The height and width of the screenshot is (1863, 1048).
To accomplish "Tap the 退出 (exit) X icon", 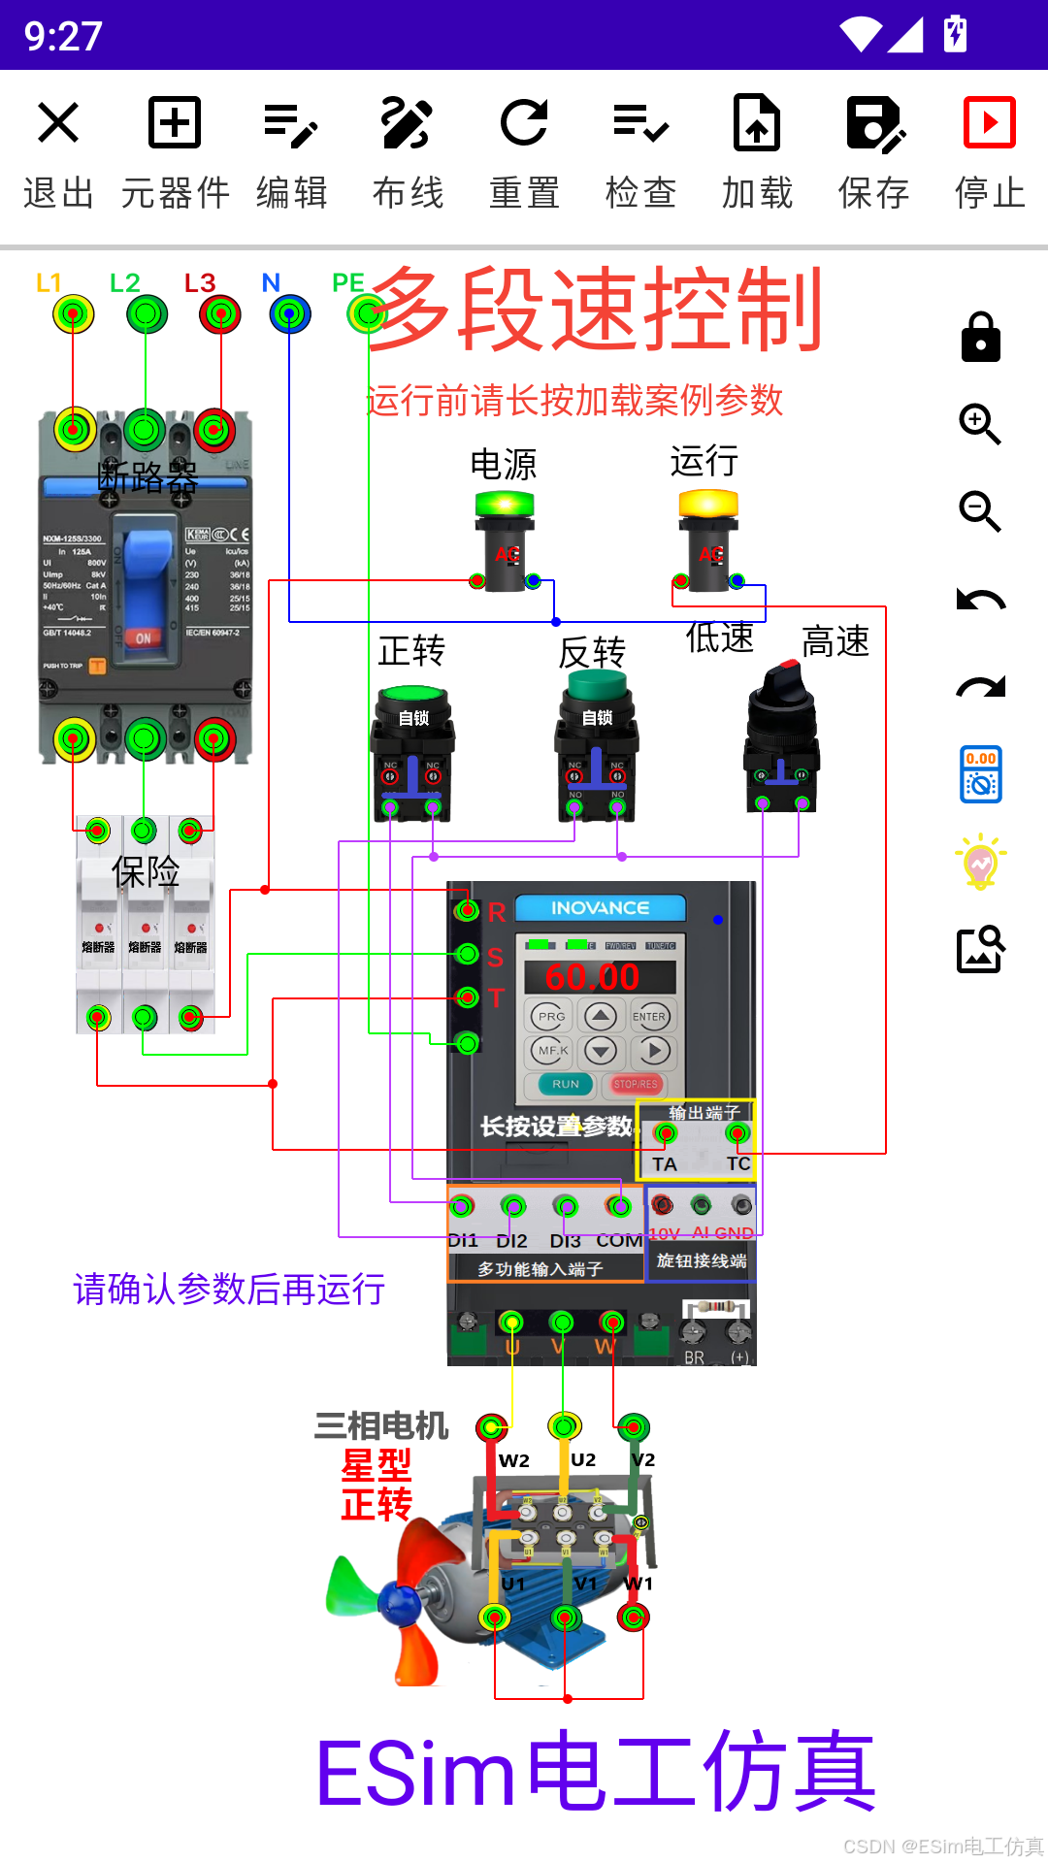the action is (x=58, y=123).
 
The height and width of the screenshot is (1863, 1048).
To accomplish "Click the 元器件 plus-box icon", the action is (x=175, y=123).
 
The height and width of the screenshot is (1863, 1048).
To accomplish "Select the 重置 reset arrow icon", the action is (x=524, y=123).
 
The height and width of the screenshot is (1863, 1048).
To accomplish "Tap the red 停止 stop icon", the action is (x=989, y=123).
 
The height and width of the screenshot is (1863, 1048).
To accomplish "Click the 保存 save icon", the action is (x=873, y=123).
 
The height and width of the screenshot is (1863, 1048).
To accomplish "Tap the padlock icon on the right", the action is (x=980, y=338).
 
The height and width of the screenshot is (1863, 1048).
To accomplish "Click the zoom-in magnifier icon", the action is (x=980, y=425).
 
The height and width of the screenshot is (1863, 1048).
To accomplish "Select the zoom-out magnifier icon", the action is (x=980, y=512).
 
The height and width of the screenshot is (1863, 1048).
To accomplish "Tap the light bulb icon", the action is (x=980, y=862).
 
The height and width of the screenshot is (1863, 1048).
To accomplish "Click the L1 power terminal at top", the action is (x=73, y=314).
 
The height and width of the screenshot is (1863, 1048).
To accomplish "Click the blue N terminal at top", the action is (x=289, y=314).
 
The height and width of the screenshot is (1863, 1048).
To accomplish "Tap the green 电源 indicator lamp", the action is (x=505, y=505).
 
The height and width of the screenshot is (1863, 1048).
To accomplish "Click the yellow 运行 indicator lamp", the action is (x=708, y=505).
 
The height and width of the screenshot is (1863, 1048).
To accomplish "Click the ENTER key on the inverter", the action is (x=649, y=1017).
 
